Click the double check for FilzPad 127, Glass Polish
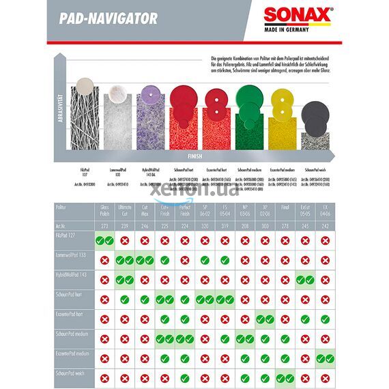tap(104, 240)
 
